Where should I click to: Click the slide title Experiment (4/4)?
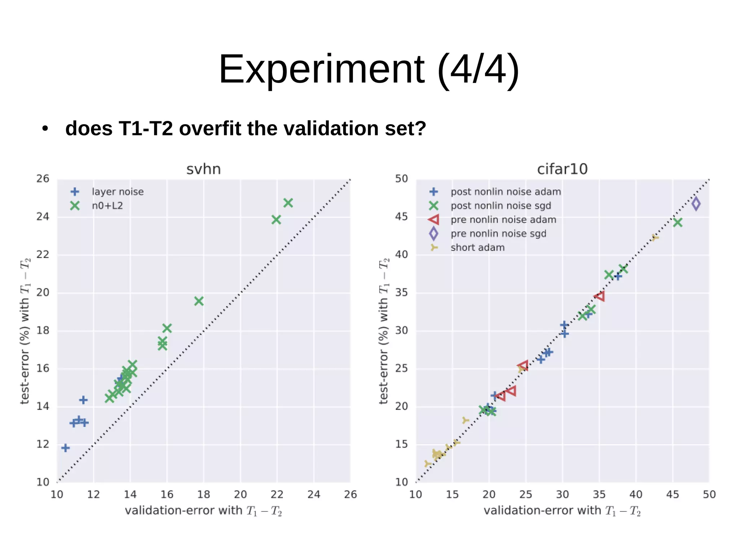tap(369, 69)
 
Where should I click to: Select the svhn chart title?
tap(204, 169)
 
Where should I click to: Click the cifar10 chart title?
tap(562, 169)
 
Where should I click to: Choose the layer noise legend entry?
tap(118, 192)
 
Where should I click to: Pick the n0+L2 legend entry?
tap(107, 206)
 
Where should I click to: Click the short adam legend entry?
tap(477, 248)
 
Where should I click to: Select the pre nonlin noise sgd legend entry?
tap(498, 234)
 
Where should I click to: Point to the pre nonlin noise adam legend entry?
tap(503, 219)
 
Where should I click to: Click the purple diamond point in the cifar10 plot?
tap(696, 204)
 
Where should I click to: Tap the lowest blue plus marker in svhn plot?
tap(65, 448)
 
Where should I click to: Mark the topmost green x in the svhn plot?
tap(288, 203)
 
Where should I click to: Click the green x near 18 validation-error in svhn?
tap(199, 301)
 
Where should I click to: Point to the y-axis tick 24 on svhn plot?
tap(43, 217)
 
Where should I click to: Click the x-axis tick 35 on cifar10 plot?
tap(599, 494)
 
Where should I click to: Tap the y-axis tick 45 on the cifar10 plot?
tap(401, 217)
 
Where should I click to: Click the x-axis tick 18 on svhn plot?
tap(204, 494)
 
